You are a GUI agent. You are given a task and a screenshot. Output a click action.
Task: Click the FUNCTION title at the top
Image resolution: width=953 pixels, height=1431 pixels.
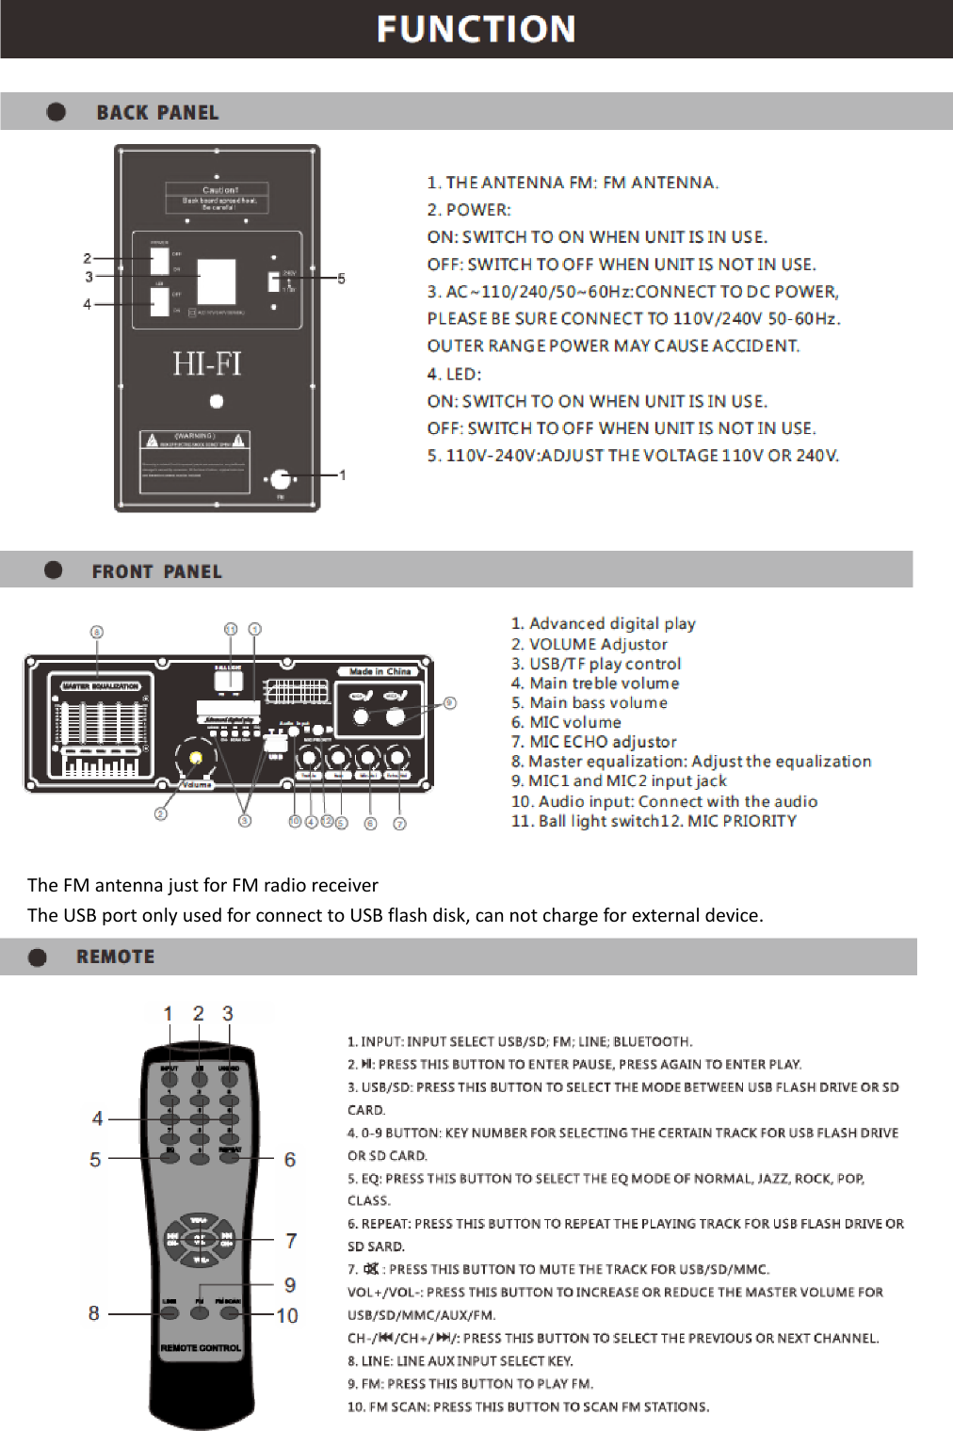point(476,29)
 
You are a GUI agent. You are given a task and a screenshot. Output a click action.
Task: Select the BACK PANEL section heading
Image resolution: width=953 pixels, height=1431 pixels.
point(157,113)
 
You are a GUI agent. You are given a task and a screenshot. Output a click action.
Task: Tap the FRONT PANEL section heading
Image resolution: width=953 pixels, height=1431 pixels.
point(156,571)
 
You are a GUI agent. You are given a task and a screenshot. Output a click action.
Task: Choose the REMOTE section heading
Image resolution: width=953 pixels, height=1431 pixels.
point(115,957)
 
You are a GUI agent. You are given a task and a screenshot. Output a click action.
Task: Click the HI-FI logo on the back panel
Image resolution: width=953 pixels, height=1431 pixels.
point(207,363)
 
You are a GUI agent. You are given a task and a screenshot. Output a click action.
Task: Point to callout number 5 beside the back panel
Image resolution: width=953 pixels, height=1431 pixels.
point(341,279)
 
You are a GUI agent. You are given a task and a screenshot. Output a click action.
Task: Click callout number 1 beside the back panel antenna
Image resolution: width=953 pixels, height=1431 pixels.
point(342,475)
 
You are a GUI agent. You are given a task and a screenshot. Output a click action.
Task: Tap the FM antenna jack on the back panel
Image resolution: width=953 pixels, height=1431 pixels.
point(280,479)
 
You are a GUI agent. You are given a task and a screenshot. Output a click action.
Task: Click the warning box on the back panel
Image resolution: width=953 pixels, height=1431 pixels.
point(195,461)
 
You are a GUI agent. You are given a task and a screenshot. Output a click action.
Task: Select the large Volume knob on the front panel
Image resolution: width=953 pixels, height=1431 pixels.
point(196,757)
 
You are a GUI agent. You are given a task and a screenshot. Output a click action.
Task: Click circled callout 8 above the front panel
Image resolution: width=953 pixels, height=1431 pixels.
point(97,632)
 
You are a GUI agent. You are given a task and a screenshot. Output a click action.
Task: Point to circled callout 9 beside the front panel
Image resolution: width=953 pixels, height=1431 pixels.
point(450,702)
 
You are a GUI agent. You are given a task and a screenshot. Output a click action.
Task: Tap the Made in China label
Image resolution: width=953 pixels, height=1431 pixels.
point(380,671)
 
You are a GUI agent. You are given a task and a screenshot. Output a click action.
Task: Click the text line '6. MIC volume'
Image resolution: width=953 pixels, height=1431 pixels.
point(566,722)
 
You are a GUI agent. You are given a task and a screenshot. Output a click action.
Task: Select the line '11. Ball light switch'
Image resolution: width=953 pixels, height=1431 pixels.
point(584,821)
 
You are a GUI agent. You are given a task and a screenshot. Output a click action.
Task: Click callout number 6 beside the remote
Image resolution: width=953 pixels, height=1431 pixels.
point(290,1160)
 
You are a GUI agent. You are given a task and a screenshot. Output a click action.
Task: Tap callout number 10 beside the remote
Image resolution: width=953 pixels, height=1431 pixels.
point(287,1315)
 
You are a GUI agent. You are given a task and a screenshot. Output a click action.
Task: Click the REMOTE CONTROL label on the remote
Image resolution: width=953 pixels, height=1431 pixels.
point(201,1348)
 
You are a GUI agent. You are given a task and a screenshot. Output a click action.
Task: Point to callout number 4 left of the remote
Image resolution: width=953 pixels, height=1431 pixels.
point(97,1118)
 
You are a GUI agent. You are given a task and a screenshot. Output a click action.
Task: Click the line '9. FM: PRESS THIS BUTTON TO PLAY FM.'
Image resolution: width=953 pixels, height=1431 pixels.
point(470,1384)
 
